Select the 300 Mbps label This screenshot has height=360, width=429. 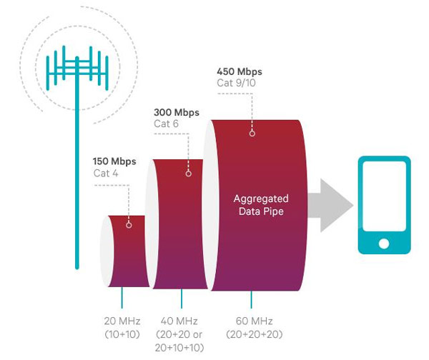tap(177, 112)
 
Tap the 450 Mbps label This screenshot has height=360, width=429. tap(240, 71)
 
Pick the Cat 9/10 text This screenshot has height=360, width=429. tap(236, 84)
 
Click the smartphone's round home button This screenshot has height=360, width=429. tap(384, 244)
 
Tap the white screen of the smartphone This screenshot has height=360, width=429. tap(384, 199)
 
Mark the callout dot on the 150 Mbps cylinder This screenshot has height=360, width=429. tap(129, 224)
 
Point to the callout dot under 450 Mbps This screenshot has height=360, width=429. tap(252, 132)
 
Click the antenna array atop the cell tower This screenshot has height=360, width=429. tap(75, 68)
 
